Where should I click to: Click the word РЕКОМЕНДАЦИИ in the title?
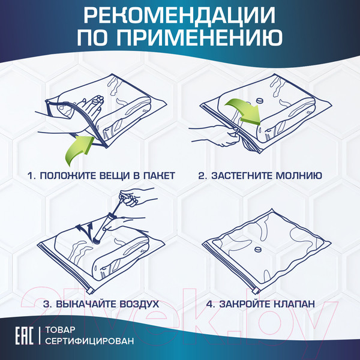coord(180,16)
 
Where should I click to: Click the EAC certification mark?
coord(21,337)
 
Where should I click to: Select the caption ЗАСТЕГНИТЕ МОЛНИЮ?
coord(260,176)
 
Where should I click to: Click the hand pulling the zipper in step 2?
coord(210,131)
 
